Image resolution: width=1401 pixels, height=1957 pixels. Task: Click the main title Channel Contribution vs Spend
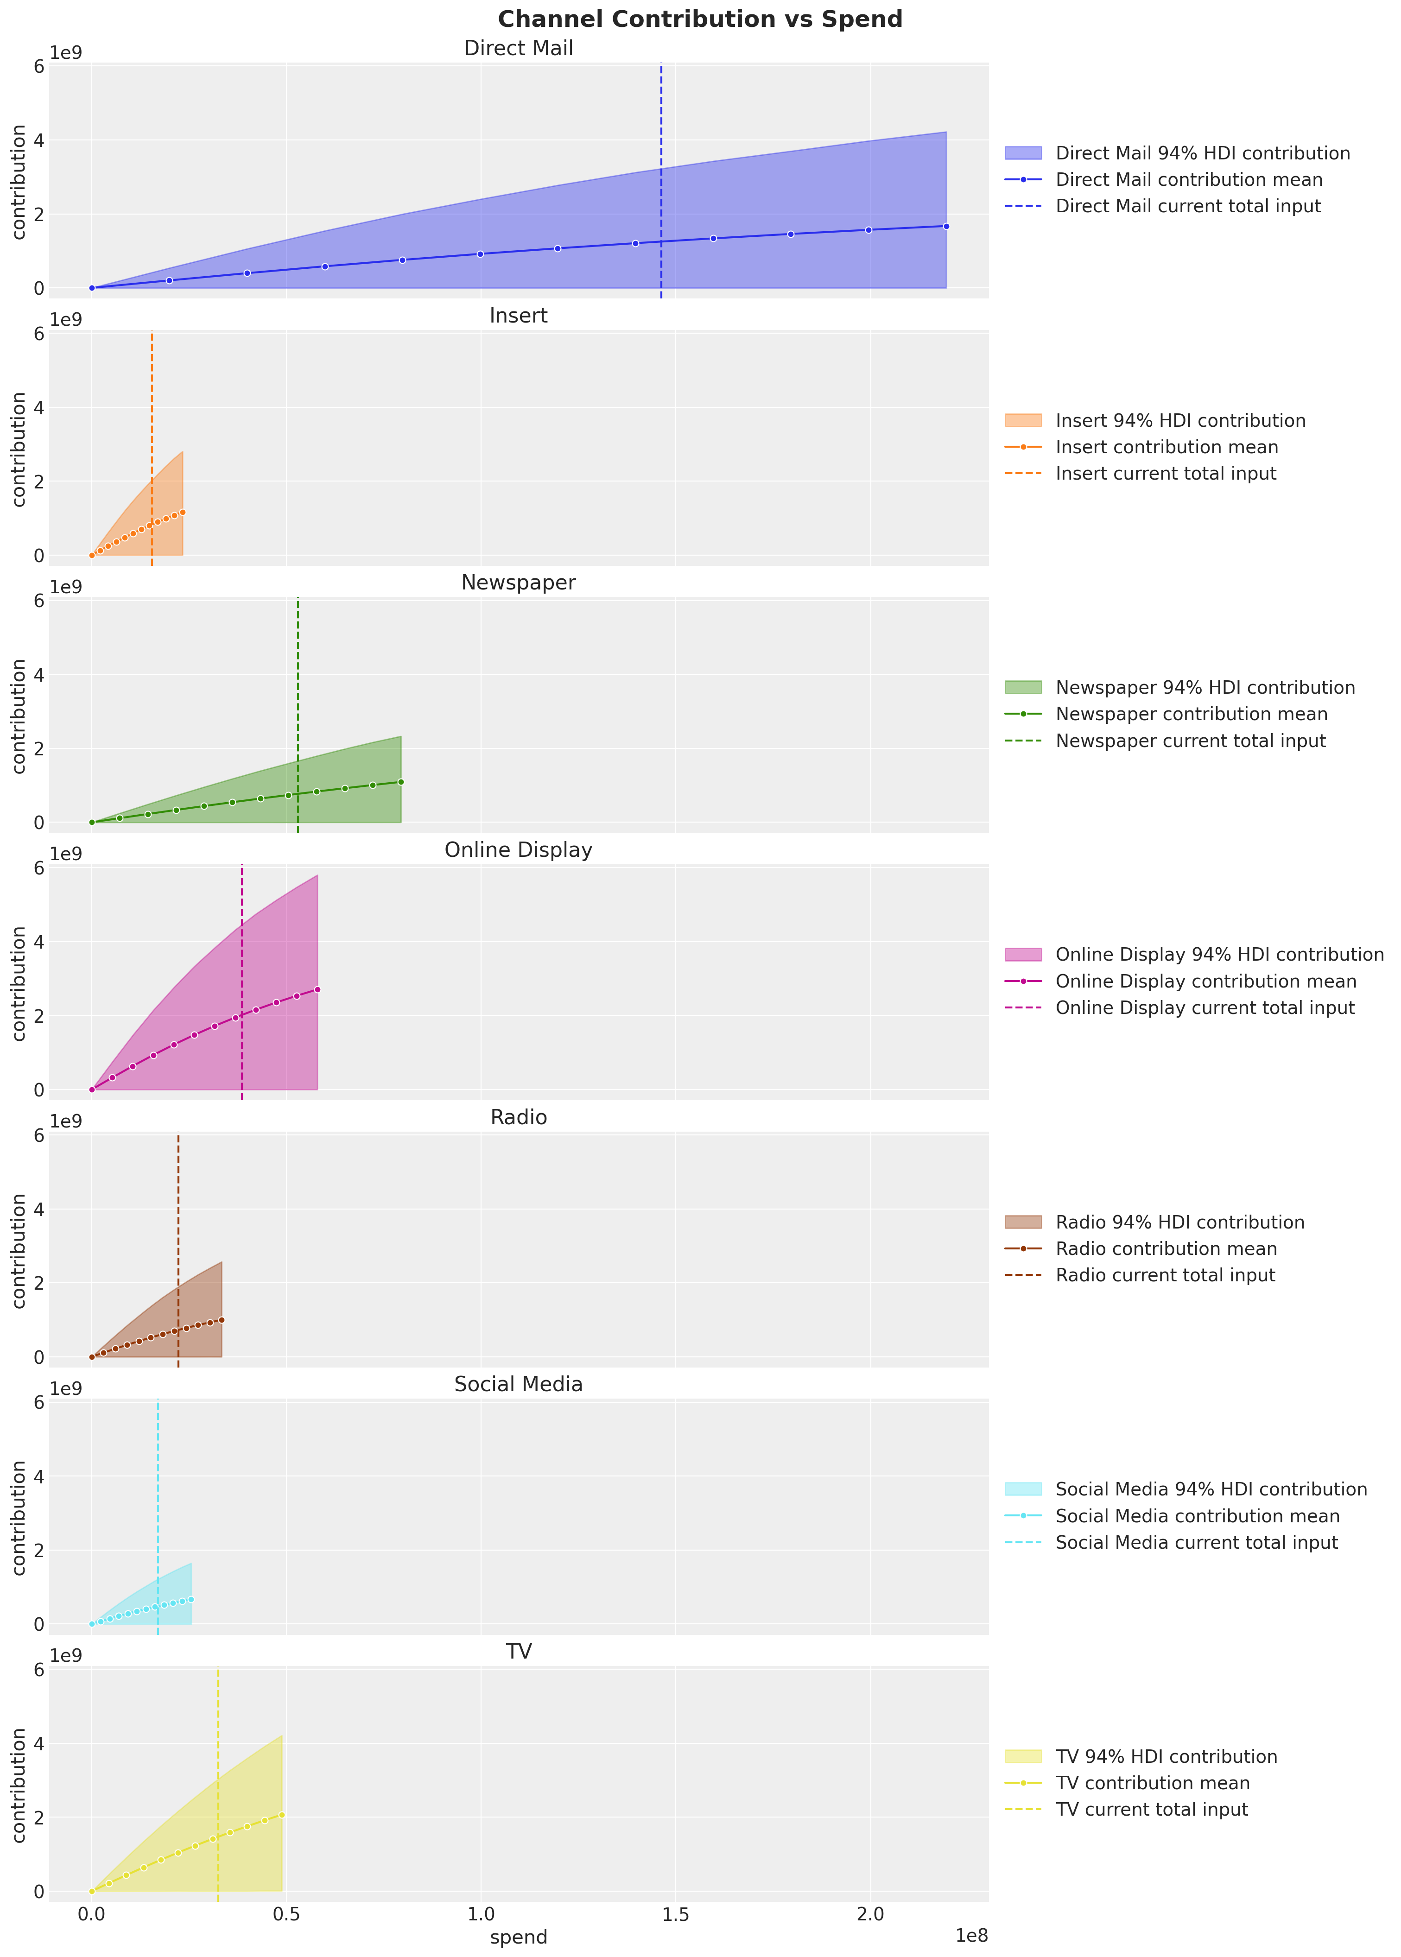[700, 19]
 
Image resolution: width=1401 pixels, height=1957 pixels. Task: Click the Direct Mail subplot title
[519, 48]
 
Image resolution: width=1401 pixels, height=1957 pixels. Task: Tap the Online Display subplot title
[519, 850]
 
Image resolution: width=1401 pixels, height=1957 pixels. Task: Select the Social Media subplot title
[519, 1384]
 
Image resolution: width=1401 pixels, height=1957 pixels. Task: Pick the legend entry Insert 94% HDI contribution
[1180, 421]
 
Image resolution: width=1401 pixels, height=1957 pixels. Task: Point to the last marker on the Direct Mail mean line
[946, 226]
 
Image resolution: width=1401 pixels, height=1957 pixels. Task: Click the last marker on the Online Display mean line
[317, 989]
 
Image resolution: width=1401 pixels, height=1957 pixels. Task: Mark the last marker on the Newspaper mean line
[401, 782]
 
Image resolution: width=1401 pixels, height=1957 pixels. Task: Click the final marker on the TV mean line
[282, 1815]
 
